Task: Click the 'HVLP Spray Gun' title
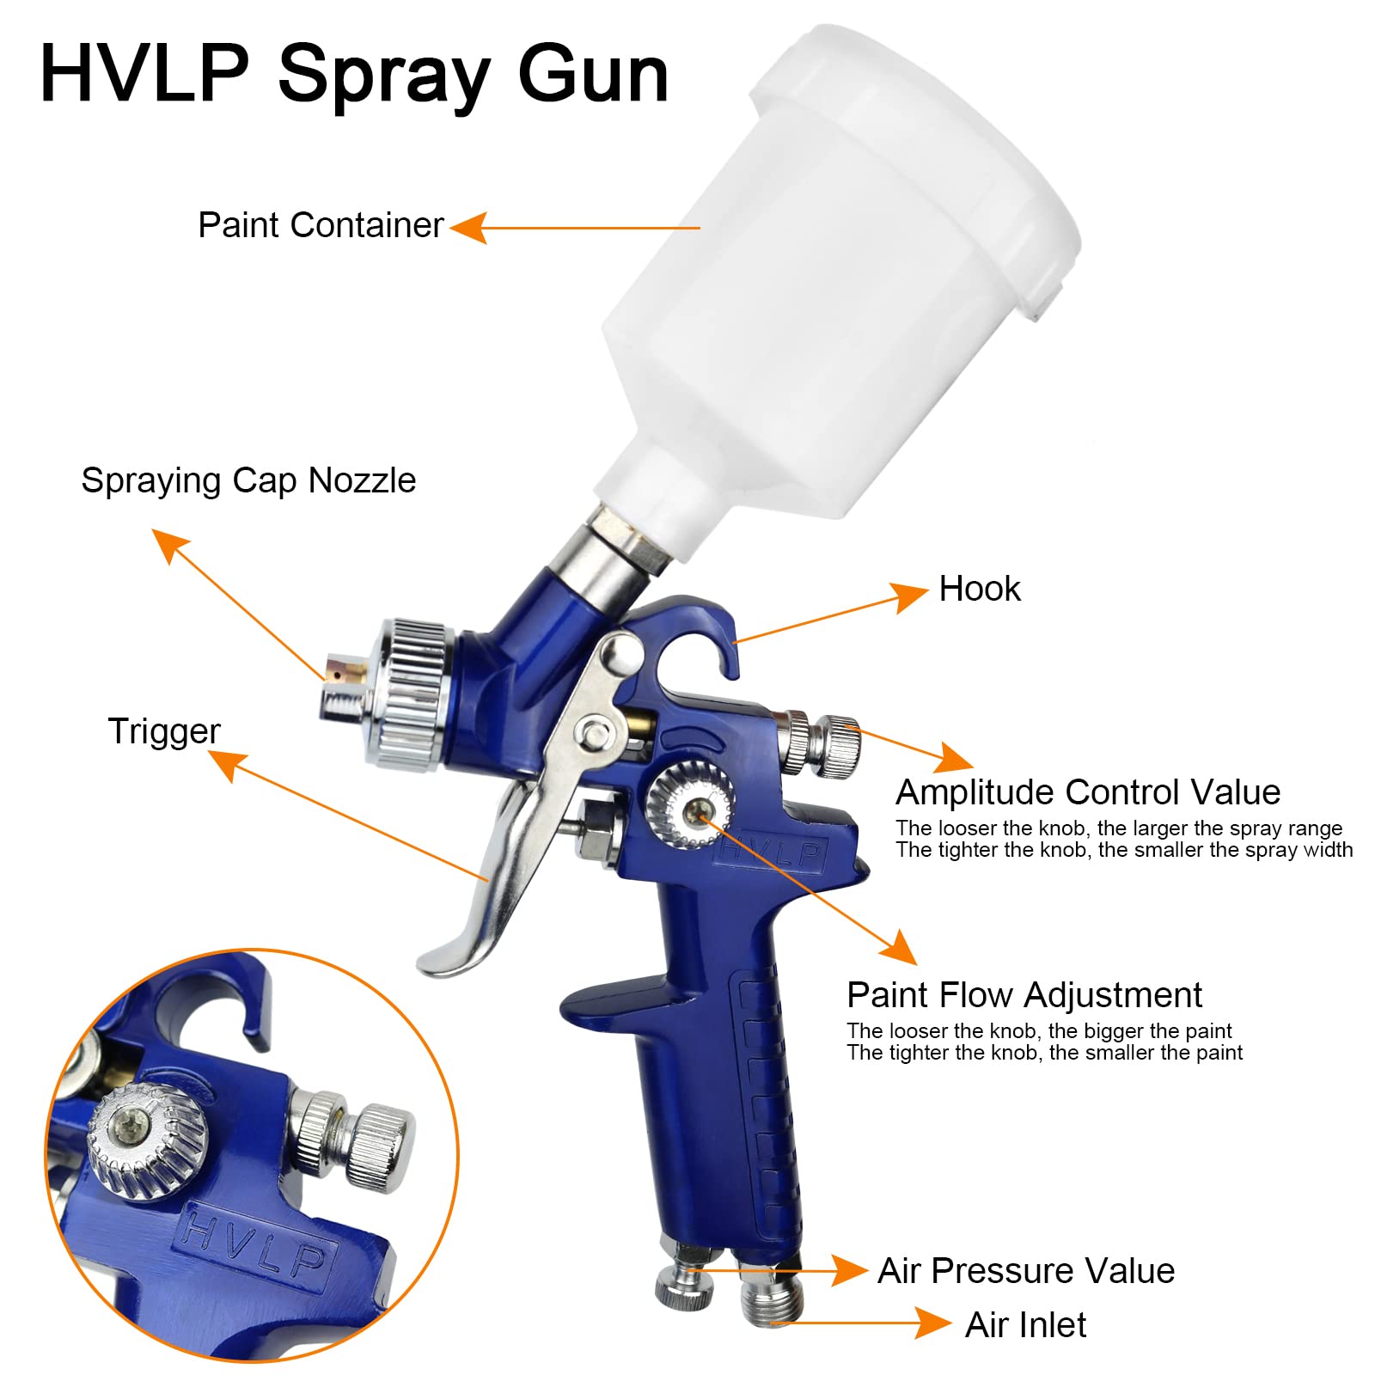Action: (x=353, y=76)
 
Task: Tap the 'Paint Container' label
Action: (x=321, y=225)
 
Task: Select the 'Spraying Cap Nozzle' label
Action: (x=248, y=480)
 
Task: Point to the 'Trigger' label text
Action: (x=164, y=731)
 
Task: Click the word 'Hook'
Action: (x=979, y=590)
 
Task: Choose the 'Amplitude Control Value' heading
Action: (x=1087, y=791)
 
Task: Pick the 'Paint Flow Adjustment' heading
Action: (x=1024, y=994)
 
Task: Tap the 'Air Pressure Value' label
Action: (x=1025, y=1270)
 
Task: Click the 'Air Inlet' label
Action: (x=1025, y=1324)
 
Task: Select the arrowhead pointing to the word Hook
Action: (x=909, y=596)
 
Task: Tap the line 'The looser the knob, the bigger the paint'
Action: (x=1038, y=1030)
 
